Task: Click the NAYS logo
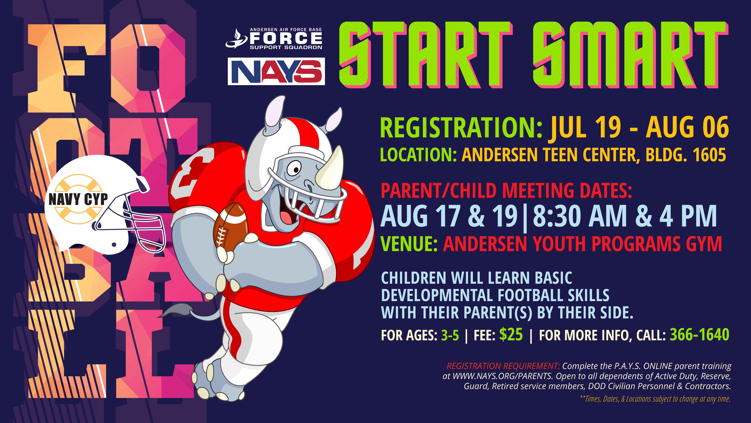coord(276,71)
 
